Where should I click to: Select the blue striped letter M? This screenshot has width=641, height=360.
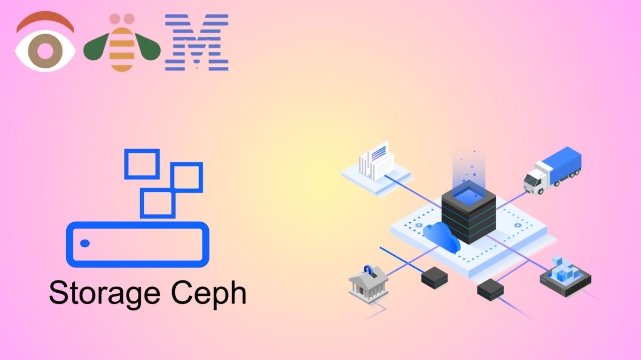pos(197,43)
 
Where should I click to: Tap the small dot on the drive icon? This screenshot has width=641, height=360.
pos(85,244)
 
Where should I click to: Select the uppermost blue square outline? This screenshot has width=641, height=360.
pos(142,163)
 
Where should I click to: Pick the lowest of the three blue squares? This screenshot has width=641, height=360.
pos(157,203)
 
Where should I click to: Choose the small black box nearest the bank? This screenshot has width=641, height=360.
pos(433,277)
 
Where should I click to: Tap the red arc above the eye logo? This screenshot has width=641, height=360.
pos(45,21)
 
